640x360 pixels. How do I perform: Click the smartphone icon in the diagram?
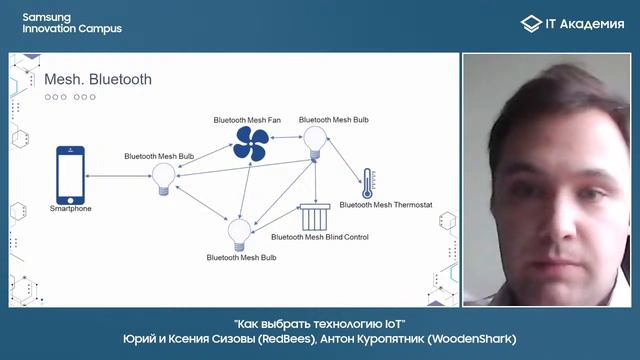[x=69, y=175]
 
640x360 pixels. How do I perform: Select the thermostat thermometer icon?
[x=367, y=183]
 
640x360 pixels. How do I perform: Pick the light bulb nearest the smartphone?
[x=162, y=179]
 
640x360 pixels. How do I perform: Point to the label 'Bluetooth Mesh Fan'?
[x=247, y=120]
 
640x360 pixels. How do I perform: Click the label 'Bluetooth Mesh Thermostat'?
[x=386, y=204]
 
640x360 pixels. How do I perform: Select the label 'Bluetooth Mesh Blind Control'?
[x=320, y=238]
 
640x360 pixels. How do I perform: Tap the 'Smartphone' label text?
[x=70, y=209]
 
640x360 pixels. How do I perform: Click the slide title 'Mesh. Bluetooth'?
[x=98, y=79]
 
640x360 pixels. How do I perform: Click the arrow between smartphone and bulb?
[x=115, y=176]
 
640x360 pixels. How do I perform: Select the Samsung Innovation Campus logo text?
[x=65, y=23]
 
